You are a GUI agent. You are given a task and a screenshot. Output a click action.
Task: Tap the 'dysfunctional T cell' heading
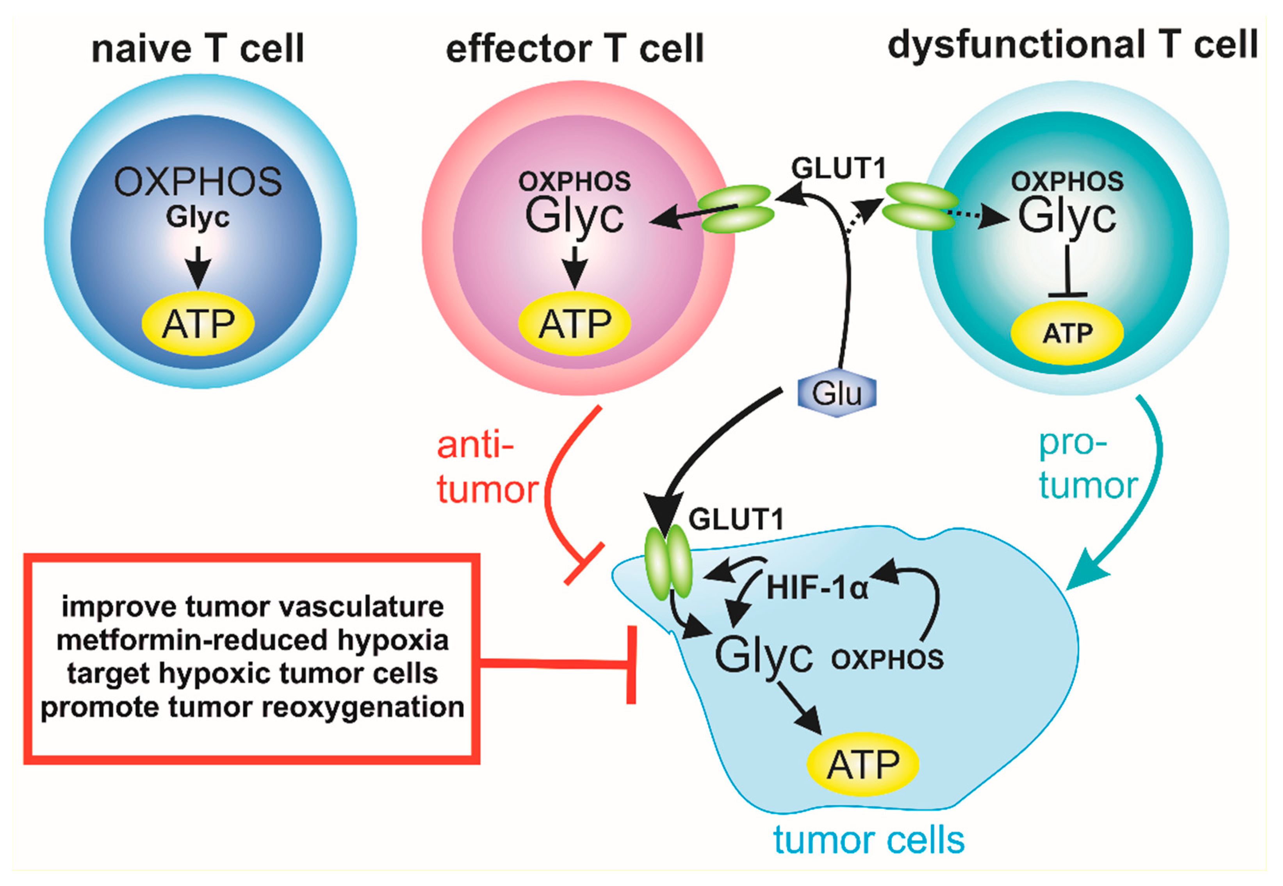1072,46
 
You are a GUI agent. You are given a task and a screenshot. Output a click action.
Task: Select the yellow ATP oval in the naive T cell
198,324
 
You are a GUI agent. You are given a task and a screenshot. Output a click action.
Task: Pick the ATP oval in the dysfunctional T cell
1067,333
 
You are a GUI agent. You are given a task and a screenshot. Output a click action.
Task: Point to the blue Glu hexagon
837,393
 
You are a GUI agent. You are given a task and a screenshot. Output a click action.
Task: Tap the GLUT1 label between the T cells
838,168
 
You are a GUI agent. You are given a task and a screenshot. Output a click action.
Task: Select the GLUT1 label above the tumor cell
736,520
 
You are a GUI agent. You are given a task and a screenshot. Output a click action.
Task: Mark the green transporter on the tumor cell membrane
668,562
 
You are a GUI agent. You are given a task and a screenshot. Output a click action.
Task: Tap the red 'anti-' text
475,445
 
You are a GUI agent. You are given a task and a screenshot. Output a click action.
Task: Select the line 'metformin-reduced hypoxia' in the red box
253,640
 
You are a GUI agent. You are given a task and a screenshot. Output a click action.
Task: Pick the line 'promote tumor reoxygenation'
253,707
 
